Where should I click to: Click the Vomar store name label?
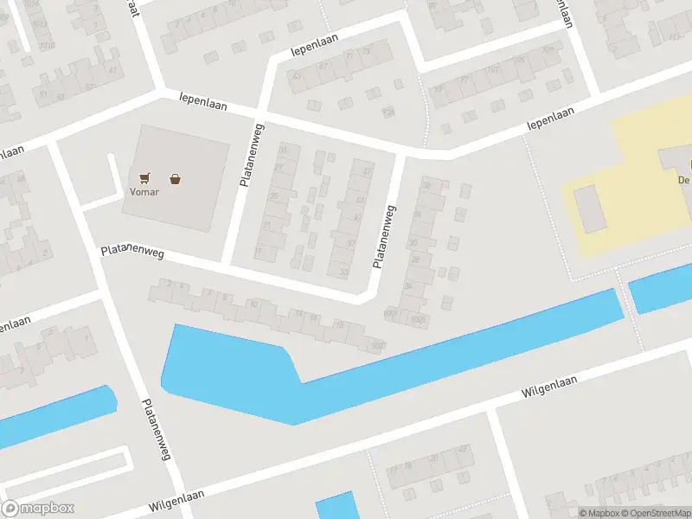click(x=144, y=193)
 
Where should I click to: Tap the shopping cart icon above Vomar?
click(x=144, y=178)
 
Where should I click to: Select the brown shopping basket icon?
click(x=176, y=179)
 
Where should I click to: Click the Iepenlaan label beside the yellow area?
click(x=551, y=123)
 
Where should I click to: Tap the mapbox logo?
click(x=37, y=509)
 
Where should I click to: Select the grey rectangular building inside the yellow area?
click(x=591, y=208)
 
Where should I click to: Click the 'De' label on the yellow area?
click(x=683, y=180)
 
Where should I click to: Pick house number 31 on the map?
click(x=282, y=150)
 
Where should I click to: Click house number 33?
click(x=345, y=272)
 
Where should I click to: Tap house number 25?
click(x=274, y=196)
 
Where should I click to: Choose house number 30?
click(x=413, y=243)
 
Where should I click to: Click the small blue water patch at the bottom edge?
click(x=336, y=506)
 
